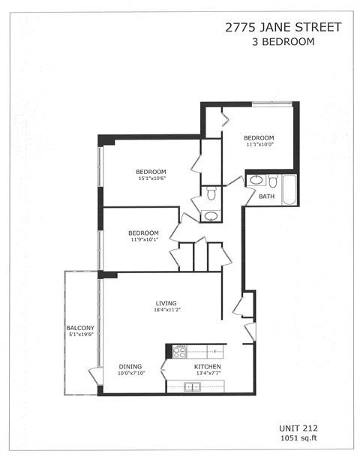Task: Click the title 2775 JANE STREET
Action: [x=283, y=28]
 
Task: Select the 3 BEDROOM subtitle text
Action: [x=283, y=42]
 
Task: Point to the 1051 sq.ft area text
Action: [x=298, y=437]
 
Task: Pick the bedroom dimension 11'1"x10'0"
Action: [x=259, y=146]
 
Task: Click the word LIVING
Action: [x=166, y=303]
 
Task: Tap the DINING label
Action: [x=130, y=366]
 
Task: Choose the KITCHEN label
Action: [x=208, y=366]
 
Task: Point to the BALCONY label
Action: [x=80, y=328]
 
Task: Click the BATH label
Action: [x=266, y=197]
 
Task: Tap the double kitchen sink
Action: [x=193, y=386]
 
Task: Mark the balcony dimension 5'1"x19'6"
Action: [x=80, y=336]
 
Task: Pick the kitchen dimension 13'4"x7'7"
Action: [x=208, y=374]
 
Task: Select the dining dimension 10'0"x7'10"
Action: [x=130, y=374]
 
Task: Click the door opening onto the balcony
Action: [x=95, y=374]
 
